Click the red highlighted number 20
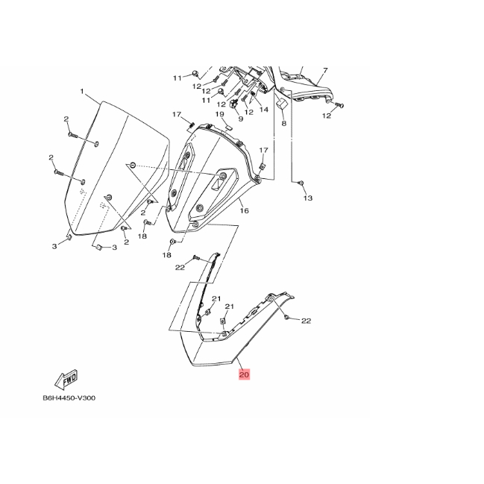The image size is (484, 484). pyautogui.click(x=244, y=375)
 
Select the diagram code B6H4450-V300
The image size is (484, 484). pyautogui.click(x=69, y=397)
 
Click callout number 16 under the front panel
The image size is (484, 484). pyautogui.click(x=244, y=211)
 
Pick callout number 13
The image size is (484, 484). pyautogui.click(x=308, y=198)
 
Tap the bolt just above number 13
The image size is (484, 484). pyautogui.click(x=301, y=183)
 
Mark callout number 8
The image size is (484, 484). pyautogui.click(x=284, y=124)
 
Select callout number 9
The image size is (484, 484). pyautogui.click(x=241, y=118)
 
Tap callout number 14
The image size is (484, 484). pyautogui.click(x=263, y=110)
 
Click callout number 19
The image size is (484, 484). pyautogui.click(x=221, y=114)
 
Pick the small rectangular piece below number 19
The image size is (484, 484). pyautogui.click(x=230, y=128)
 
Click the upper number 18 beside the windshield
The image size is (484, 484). pyautogui.click(x=142, y=236)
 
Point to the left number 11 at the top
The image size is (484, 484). pyautogui.click(x=177, y=78)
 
